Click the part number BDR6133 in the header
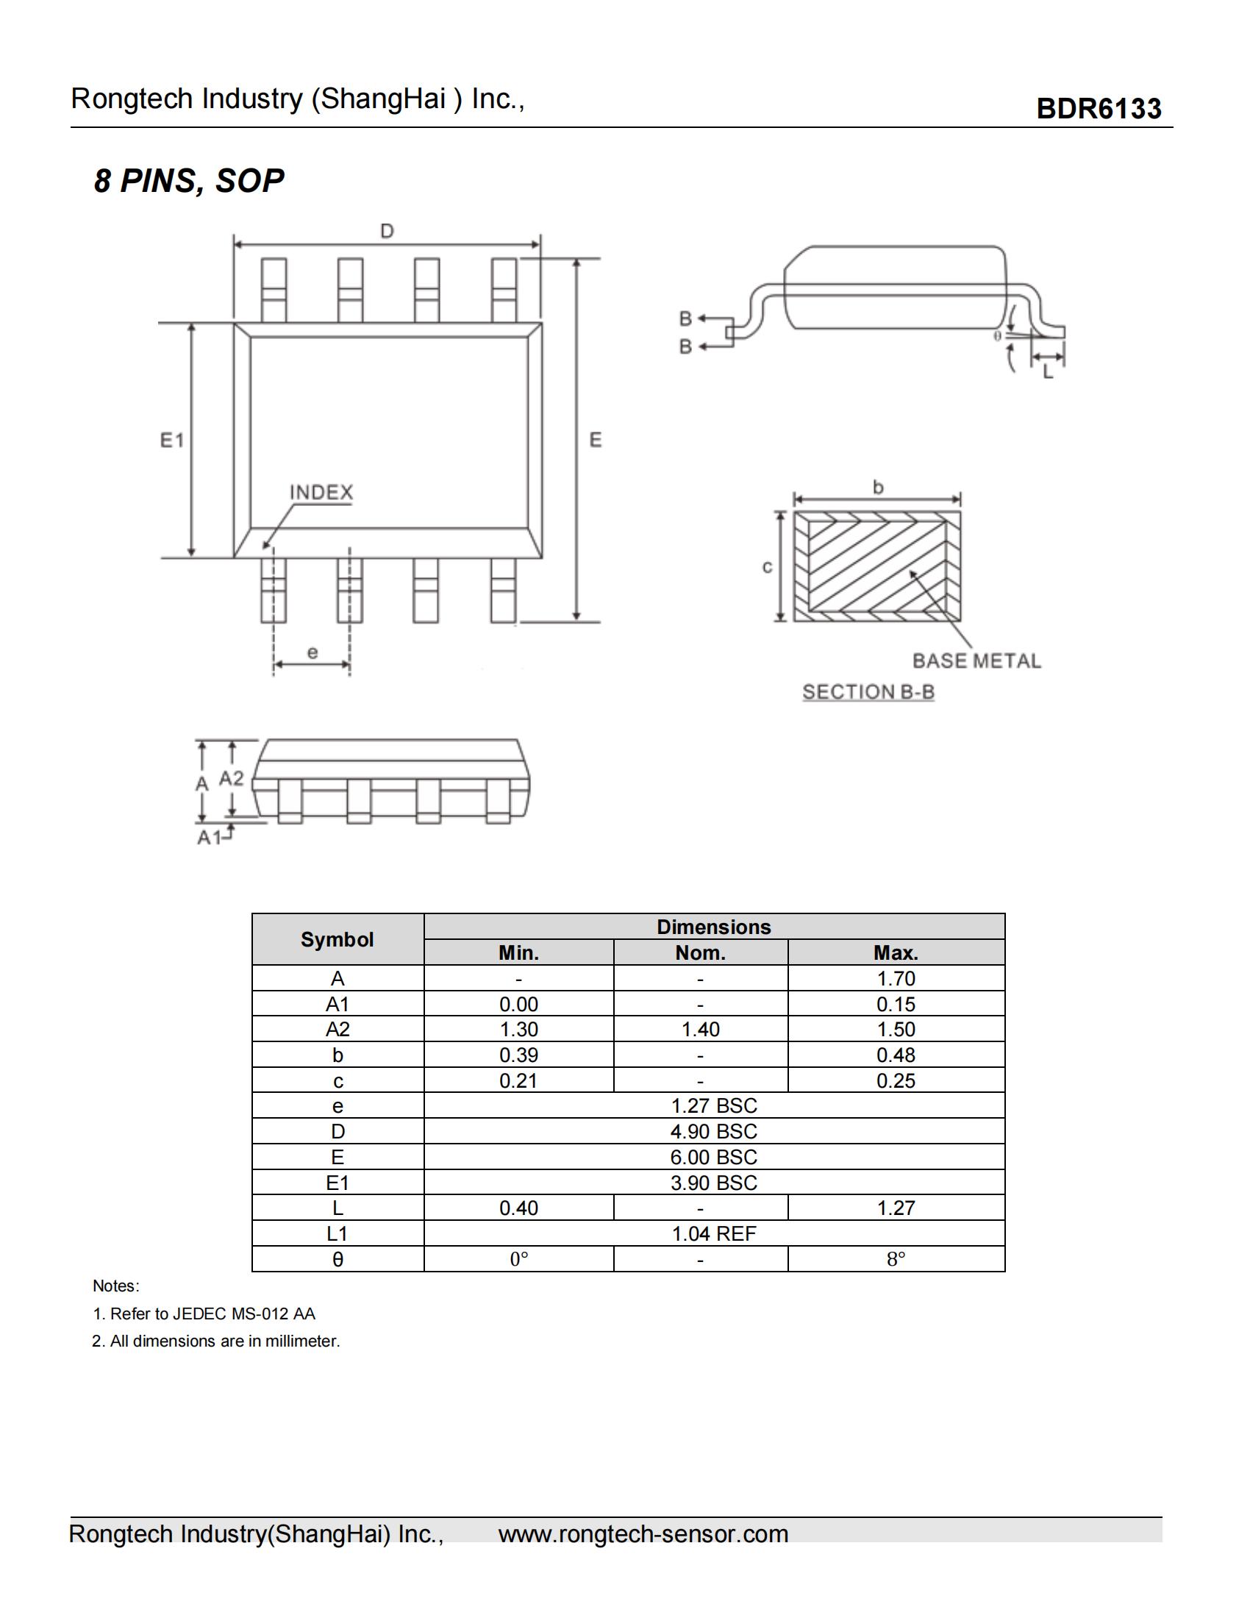(1099, 109)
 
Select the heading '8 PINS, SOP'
(189, 181)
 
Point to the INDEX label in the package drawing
(321, 493)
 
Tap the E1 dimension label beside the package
(172, 440)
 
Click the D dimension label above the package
(387, 231)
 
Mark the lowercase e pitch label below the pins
(312, 652)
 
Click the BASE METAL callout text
(976, 660)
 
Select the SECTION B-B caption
(868, 692)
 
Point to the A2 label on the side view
(231, 778)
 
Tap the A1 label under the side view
(209, 837)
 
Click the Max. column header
(896, 952)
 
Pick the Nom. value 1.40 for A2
(700, 1029)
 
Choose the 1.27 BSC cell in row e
(714, 1105)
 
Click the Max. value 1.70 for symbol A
(896, 979)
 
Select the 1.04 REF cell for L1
(714, 1233)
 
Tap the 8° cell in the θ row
(896, 1259)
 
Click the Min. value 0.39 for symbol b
(518, 1055)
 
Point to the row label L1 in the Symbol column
(337, 1233)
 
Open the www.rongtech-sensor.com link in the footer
(643, 1533)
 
